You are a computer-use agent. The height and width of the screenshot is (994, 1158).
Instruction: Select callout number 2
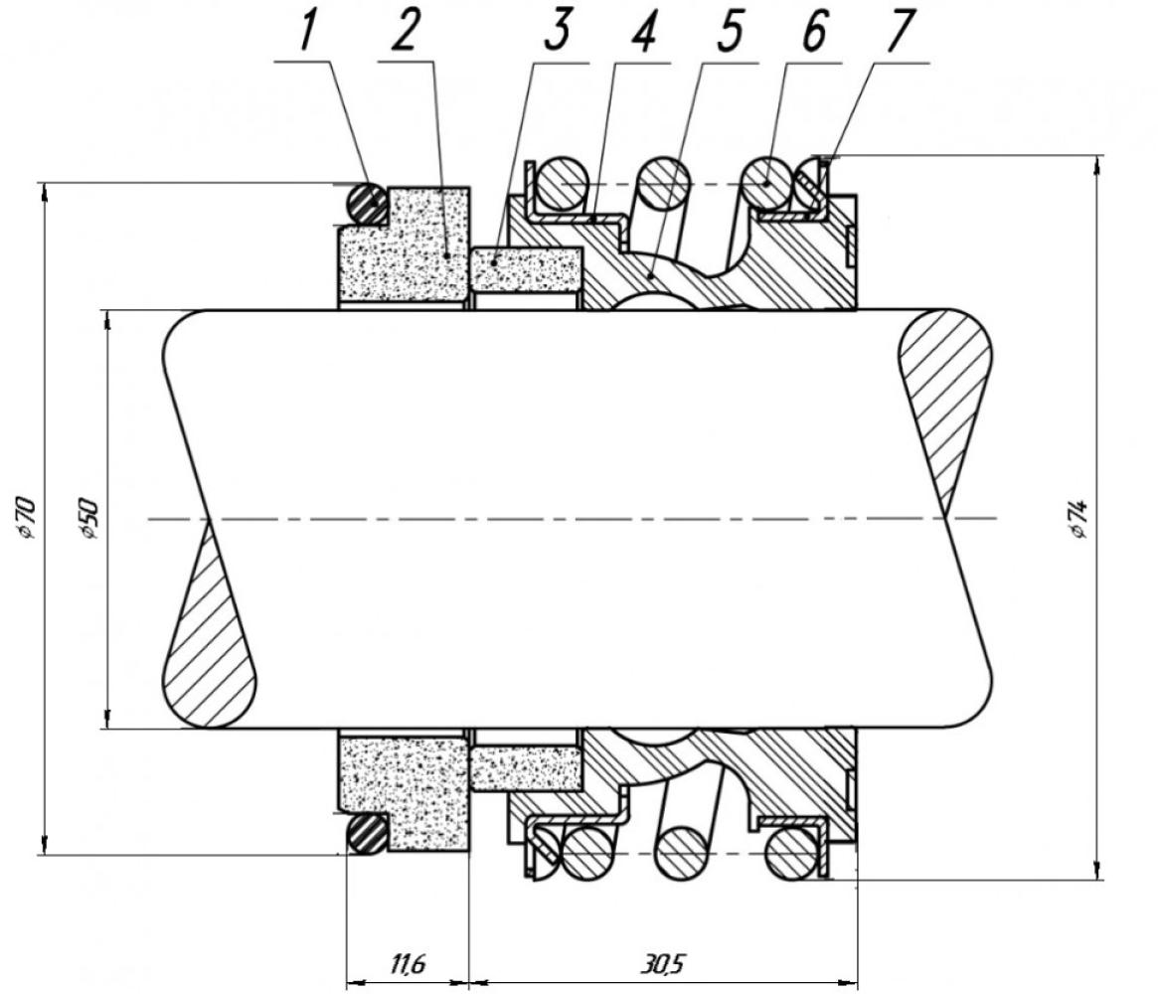coord(405,32)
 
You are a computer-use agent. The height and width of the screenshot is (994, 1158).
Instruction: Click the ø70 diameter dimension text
coord(25,518)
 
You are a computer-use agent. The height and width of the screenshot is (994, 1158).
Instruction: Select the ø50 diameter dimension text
coord(87,518)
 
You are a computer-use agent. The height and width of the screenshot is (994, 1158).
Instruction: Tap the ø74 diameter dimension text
coord(1079,518)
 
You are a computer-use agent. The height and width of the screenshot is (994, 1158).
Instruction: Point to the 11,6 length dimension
coord(407,963)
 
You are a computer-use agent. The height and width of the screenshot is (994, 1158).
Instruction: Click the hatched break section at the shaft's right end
coord(943,403)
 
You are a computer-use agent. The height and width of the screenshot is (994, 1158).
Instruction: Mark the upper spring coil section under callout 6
coord(768,183)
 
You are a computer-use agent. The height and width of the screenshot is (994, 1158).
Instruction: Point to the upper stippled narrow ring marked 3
coord(526,269)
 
